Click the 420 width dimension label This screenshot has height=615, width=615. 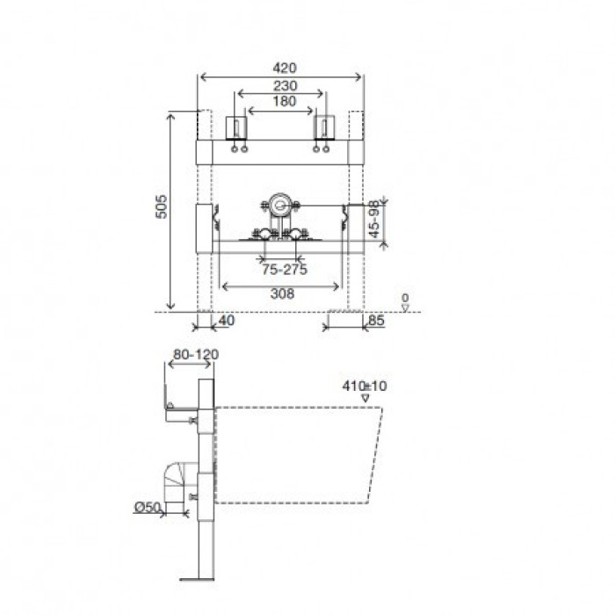pos(285,68)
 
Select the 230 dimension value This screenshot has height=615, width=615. pos(285,85)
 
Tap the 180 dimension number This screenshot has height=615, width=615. pos(285,101)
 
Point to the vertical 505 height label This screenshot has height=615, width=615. pos(161,206)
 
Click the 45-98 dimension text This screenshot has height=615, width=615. pos(375,220)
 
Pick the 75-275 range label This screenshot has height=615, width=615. pos(285,270)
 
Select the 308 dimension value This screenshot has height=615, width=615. pos(282,293)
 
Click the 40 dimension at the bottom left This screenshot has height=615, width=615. pos(227,321)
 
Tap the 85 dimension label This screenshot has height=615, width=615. pos(376,321)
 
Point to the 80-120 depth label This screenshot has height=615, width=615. pos(196,355)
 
